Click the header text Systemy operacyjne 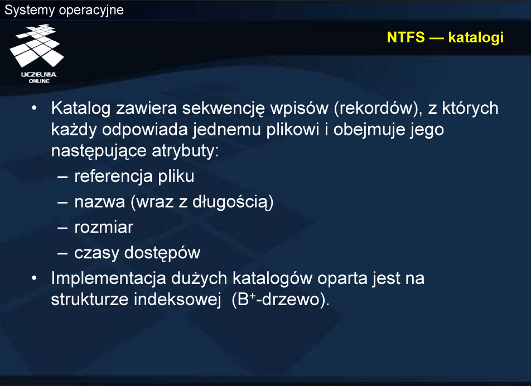64,10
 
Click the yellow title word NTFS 406,37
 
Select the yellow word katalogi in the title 476,38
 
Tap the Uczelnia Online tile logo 37,54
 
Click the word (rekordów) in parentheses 379,109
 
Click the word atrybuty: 185,151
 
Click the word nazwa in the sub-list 99,202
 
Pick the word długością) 233,202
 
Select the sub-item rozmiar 104,227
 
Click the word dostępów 162,253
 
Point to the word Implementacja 108,279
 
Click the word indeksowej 177,300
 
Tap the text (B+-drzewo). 281,300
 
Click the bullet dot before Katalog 34,108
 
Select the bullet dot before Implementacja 34,278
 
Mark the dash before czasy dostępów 62,253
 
